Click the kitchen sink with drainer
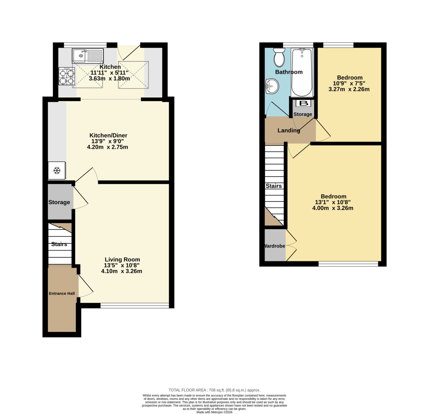click(88, 56)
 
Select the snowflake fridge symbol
click(57, 170)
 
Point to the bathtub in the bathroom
click(302, 72)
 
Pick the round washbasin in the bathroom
click(272, 86)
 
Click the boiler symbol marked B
click(304, 103)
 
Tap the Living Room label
click(122, 259)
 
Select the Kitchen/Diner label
click(108, 135)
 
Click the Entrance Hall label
click(62, 293)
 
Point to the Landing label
click(289, 130)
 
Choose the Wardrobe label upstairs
click(275, 246)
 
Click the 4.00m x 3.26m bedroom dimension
click(333, 208)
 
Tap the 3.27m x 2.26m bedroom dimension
click(349, 89)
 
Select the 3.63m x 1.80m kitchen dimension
click(109, 79)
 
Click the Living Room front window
click(135, 305)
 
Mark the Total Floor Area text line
click(214, 390)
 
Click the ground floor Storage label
click(59, 202)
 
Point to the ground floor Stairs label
click(59, 244)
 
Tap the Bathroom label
click(289, 72)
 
